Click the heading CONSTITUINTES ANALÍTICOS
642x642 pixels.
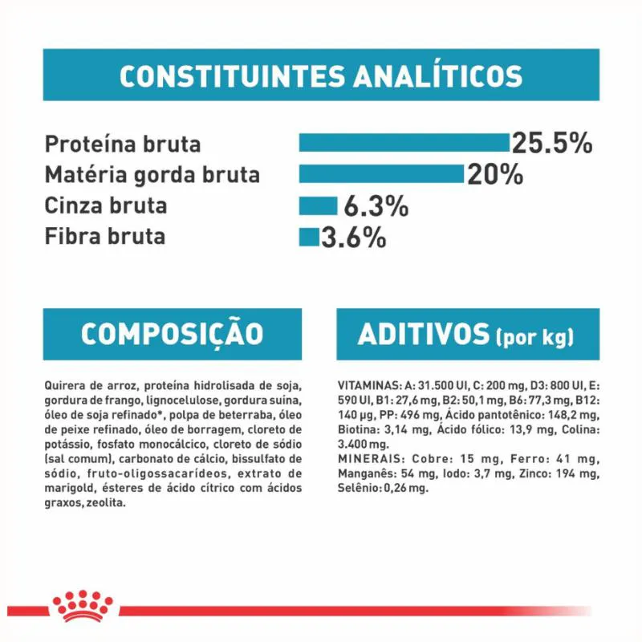(320, 76)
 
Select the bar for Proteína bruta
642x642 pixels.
(404, 143)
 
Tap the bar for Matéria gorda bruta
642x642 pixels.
(381, 174)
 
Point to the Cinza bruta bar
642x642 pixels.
(318, 205)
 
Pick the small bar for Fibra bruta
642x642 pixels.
(309, 237)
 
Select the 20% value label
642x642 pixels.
(495, 174)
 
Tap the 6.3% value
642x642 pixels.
(376, 206)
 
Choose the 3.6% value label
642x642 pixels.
(354, 238)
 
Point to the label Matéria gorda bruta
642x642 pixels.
(152, 175)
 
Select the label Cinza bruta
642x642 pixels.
(106, 205)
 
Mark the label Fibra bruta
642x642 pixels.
(105, 237)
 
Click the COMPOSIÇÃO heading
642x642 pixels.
(172, 334)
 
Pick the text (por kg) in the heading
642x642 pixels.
(535, 337)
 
